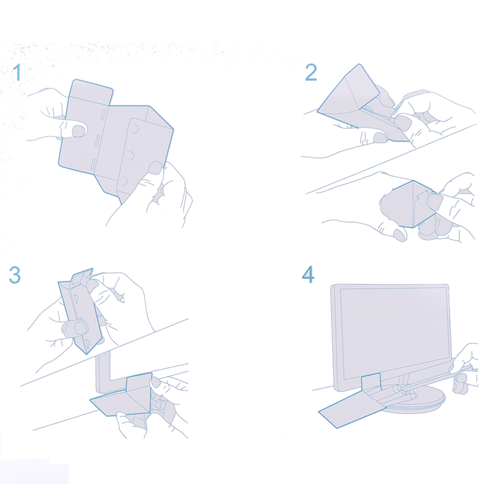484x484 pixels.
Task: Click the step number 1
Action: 18,72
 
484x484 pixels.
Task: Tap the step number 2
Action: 311,72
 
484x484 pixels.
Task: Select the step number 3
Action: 15,275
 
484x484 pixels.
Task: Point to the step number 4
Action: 308,274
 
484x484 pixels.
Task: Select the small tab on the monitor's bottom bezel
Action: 371,382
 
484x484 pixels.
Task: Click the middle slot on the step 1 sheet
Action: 97,142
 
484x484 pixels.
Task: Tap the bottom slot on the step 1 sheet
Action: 92,165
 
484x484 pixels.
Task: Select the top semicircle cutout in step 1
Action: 135,128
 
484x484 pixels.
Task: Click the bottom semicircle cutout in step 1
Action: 123,180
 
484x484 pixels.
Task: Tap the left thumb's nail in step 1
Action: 79,131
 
